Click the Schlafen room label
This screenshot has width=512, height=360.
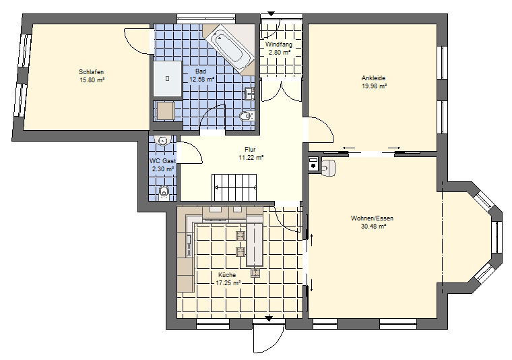click(92, 72)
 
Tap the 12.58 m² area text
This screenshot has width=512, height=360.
click(202, 79)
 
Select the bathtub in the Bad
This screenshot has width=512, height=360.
click(229, 49)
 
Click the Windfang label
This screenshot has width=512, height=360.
click(278, 44)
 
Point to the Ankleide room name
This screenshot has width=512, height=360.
click(373, 78)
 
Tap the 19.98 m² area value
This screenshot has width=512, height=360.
click(374, 86)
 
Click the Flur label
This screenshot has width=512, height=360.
click(250, 150)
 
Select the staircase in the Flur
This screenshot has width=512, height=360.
click(234, 187)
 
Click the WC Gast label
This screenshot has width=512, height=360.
click(162, 160)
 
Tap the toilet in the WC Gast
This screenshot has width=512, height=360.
click(163, 192)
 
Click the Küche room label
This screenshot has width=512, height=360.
click(227, 275)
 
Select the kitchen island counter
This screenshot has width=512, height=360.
click(255, 245)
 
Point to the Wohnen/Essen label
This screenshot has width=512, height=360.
click(373, 218)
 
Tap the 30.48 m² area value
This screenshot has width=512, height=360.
click(374, 226)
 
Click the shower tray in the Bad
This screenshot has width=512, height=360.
click(168, 78)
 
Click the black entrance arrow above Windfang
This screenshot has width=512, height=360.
click(271, 13)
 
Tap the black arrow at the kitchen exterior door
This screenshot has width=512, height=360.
click(269, 318)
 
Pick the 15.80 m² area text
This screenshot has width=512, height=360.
click(92, 80)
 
